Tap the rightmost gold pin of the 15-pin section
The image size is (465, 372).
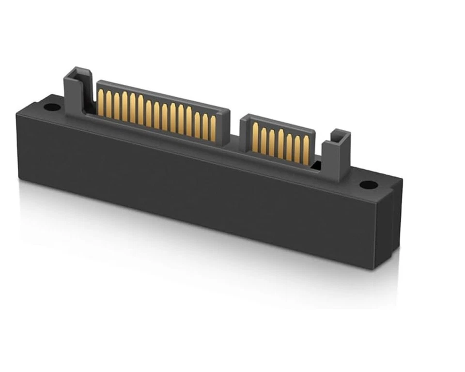click(213, 128)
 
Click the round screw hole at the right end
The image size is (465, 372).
click(369, 185)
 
